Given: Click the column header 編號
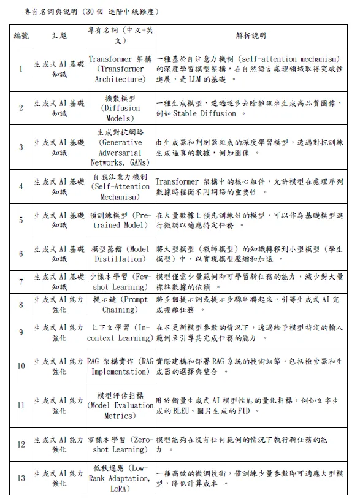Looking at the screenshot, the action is coord(21,36).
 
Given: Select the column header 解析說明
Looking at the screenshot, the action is coord(251,36).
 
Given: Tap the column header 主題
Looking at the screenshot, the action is coord(59,36).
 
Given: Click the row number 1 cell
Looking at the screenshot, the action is coord(21,69).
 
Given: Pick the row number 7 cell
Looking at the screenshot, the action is coord(21,282).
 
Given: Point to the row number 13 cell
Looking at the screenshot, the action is coord(21,479).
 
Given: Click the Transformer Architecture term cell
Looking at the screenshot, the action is coord(120,69).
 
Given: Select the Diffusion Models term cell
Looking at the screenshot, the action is coord(120,108).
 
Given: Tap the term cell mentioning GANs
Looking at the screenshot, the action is coord(120,147).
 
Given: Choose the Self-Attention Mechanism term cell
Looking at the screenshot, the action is coord(120,186).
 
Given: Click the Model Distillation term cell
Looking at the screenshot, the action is coord(120,254).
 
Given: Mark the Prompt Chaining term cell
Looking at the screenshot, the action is coord(120,305).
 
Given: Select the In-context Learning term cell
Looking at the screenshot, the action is coord(120,333).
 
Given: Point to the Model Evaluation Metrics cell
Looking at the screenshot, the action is coord(120,405).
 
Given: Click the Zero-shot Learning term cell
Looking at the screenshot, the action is coord(120,445).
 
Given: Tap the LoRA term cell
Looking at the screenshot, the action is coord(120,479).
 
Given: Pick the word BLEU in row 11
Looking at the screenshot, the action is coord(185,411).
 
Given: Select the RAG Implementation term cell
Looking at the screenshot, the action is coord(120,367).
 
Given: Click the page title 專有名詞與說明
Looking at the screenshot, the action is coord(49,11).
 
